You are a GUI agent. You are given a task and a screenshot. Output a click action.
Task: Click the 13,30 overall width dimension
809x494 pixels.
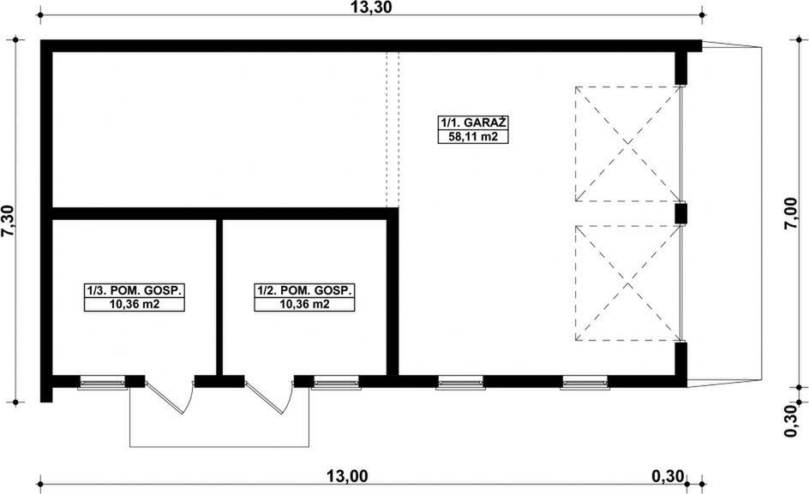pos(372,9)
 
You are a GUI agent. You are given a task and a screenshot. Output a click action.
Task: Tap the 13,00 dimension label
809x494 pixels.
pos(347,477)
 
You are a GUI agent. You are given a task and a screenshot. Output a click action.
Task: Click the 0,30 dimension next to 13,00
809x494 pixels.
pos(668,477)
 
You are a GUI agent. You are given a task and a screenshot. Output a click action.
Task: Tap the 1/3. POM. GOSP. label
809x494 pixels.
pos(135,291)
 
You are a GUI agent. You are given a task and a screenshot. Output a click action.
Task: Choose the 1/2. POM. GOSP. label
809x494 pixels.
pos(304,291)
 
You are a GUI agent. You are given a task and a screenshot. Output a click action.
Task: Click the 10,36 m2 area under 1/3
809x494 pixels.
pos(135,305)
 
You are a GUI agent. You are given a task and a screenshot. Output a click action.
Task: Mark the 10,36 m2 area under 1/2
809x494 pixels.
pos(304,305)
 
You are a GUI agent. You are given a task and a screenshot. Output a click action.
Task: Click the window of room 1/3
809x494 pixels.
pos(103,383)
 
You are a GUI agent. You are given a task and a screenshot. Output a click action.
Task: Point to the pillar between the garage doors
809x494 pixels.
pos(680,213)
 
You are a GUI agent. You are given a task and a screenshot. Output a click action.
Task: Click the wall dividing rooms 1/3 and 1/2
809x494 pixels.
pos(219,295)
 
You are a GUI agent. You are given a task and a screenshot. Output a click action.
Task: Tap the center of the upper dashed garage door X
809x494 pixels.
pos(628,144)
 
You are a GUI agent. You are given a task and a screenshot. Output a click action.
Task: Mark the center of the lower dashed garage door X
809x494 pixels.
pos(628,283)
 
